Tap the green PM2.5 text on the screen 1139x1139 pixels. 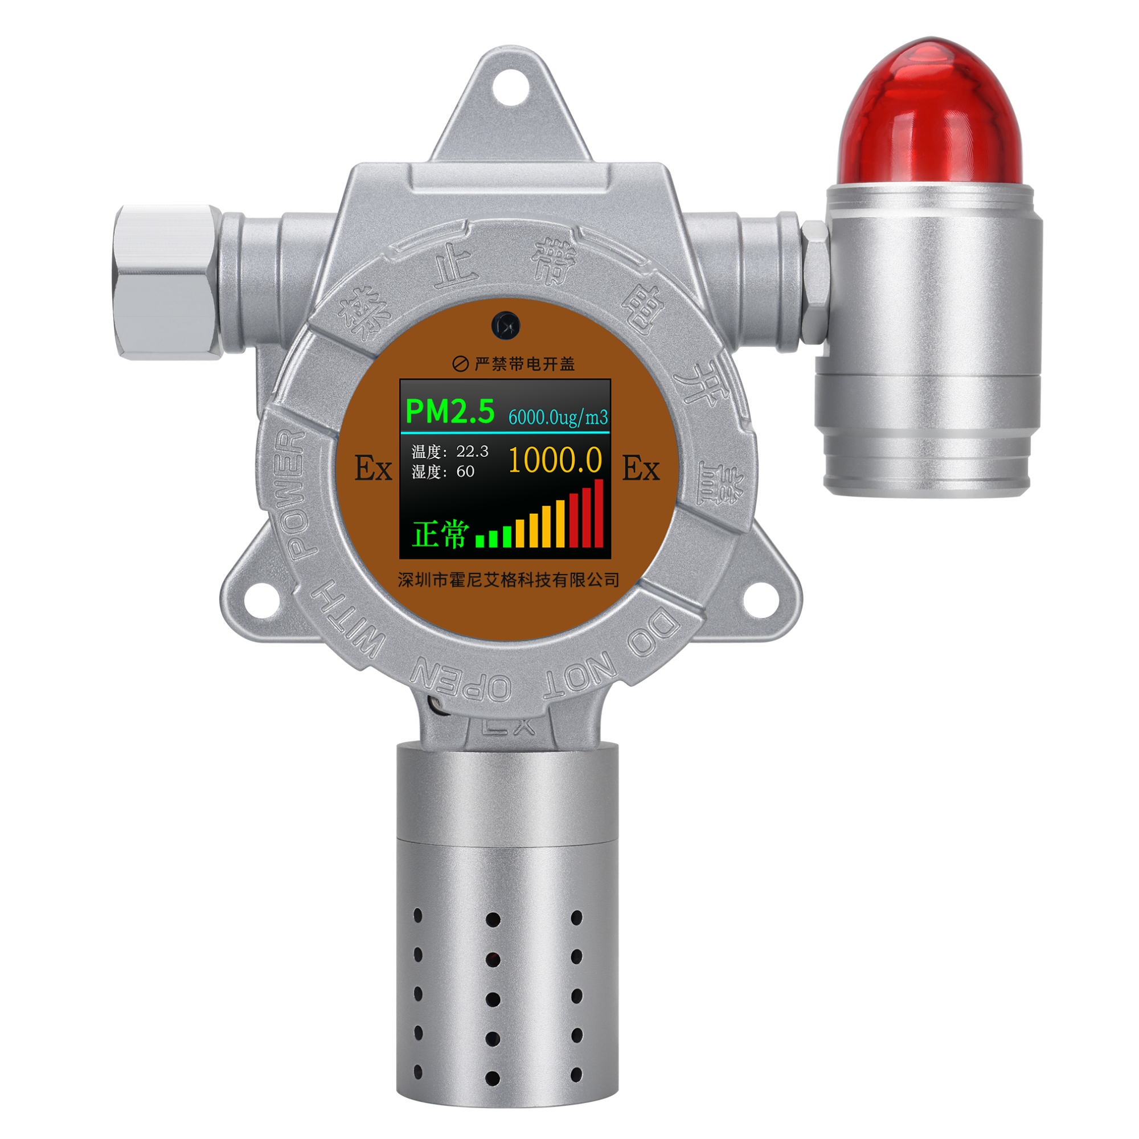coord(450,411)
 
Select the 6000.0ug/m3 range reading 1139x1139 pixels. coord(558,417)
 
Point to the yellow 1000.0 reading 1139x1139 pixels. coord(555,460)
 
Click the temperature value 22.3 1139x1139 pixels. coord(472,451)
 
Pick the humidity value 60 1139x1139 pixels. coord(465,471)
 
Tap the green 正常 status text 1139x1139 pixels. coord(440,534)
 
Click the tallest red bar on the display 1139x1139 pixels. coord(599,514)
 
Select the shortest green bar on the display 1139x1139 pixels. coord(480,541)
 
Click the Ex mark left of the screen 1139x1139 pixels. coord(373,469)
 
